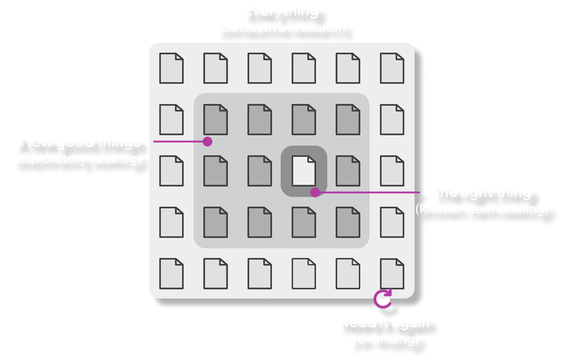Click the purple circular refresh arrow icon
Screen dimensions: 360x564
(383, 298)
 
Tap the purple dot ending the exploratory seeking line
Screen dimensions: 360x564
(207, 142)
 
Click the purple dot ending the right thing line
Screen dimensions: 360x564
(315, 192)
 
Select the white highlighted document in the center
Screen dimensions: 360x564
(303, 170)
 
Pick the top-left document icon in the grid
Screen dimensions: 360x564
(171, 68)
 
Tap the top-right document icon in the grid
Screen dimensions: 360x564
(392, 68)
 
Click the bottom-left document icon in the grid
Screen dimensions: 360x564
(171, 273)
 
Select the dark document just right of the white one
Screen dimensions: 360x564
(348, 170)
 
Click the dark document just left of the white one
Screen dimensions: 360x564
(259, 170)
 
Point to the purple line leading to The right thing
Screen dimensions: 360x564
(369, 192)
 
